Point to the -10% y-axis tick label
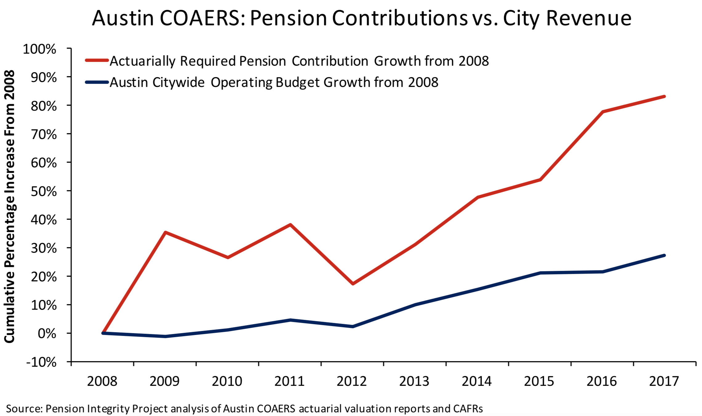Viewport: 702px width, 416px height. pyautogui.click(x=41, y=362)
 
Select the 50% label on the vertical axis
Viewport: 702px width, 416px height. pyautogui.click(x=44, y=191)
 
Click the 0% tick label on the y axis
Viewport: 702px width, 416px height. pyautogui.click(x=47, y=333)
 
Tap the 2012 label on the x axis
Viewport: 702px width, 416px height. pyautogui.click(x=352, y=381)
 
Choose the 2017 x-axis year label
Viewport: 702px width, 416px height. pyautogui.click(x=664, y=381)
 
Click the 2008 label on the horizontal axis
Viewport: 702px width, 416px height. pyautogui.click(x=102, y=381)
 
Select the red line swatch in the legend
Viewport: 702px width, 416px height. pyautogui.click(x=97, y=60)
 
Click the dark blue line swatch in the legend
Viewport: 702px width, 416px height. pyautogui.click(x=97, y=82)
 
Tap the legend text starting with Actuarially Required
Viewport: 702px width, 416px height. pyautogui.click(x=299, y=61)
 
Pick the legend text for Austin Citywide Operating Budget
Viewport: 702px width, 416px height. pyautogui.click(x=274, y=83)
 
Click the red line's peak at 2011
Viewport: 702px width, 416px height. pyautogui.click(x=290, y=225)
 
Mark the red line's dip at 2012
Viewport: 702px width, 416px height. pyautogui.click(x=353, y=283)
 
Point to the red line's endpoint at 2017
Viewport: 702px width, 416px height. pyautogui.click(x=664, y=96)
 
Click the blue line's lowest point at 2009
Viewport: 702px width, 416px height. pyautogui.click(x=165, y=336)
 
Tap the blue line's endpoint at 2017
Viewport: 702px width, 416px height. pyautogui.click(x=664, y=255)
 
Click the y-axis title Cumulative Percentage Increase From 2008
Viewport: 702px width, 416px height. pyautogui.click(x=9, y=206)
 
